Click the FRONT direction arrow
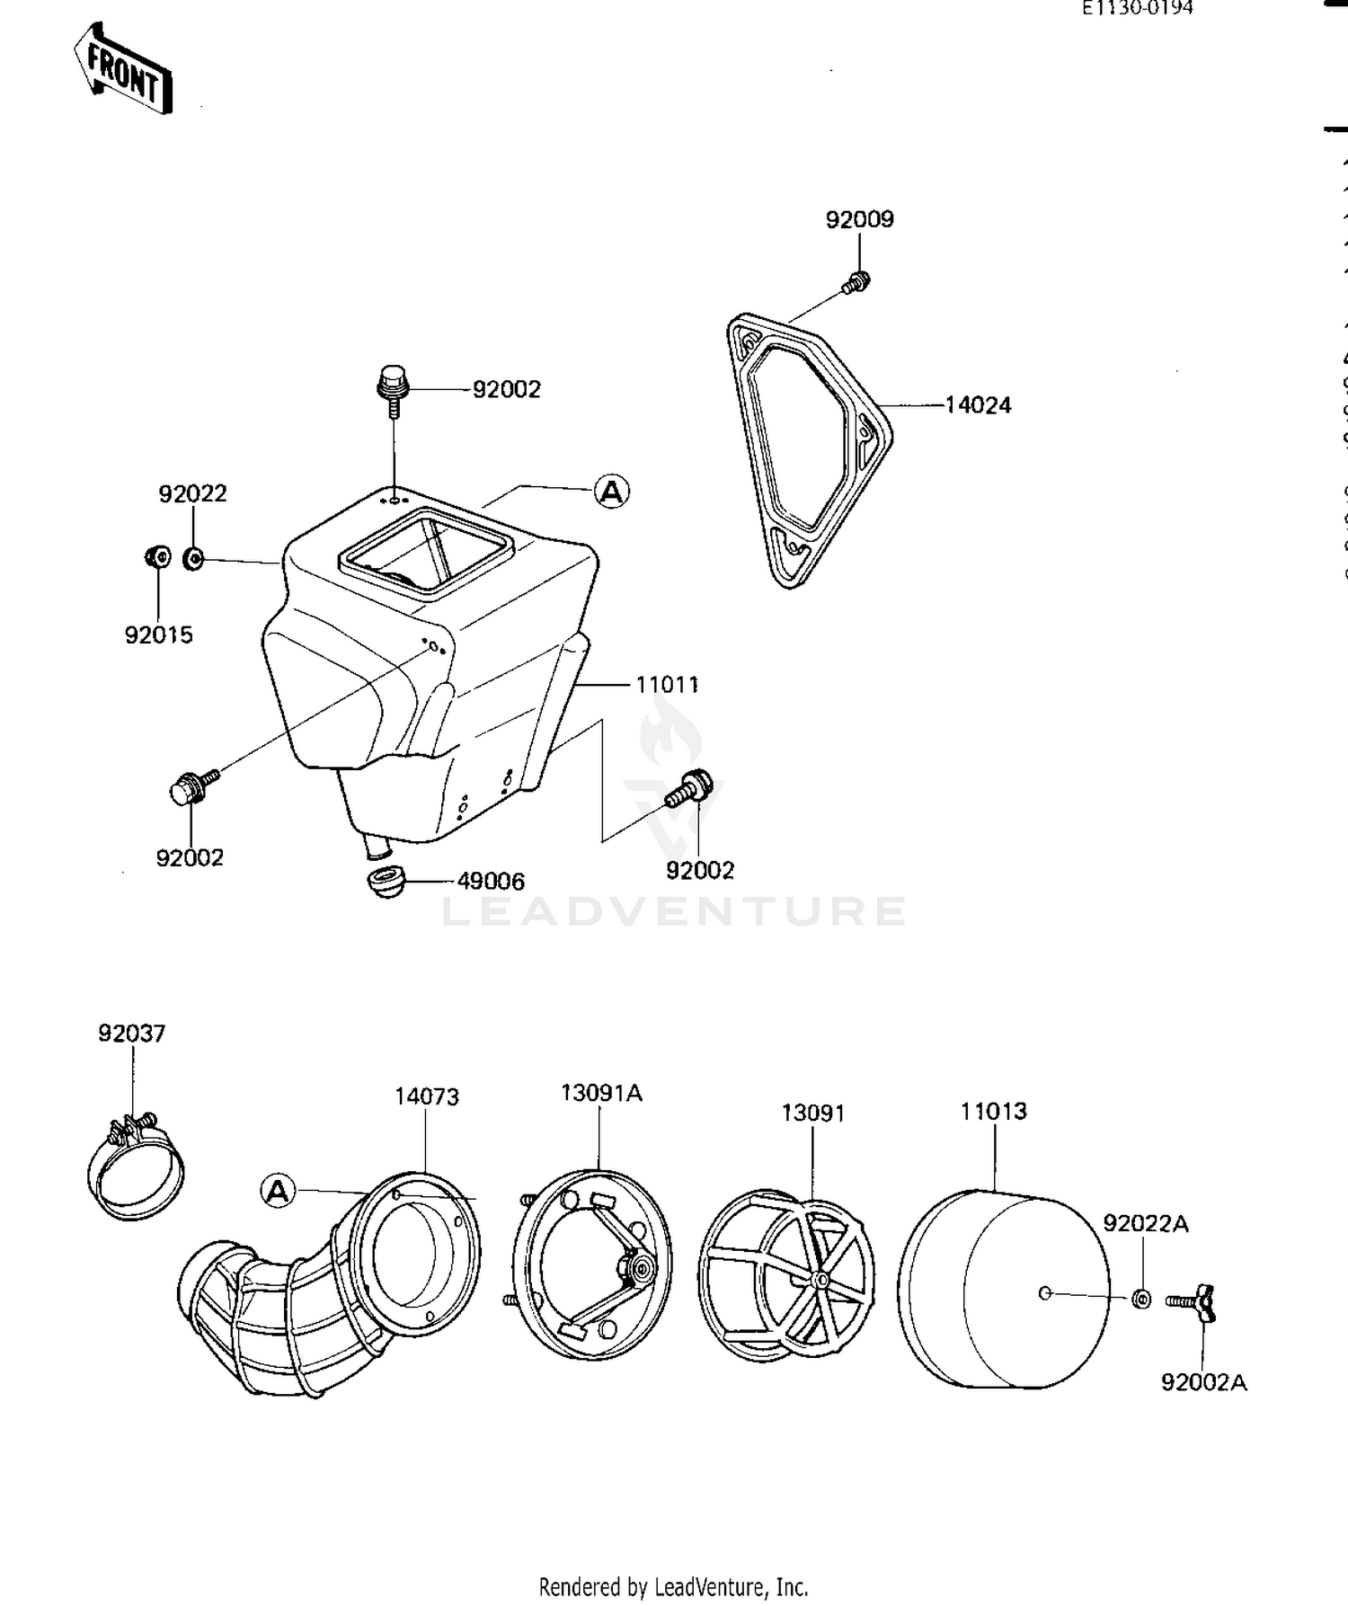click(x=123, y=70)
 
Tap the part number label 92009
click(x=860, y=219)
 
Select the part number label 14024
click(x=978, y=405)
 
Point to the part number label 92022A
click(x=1146, y=1223)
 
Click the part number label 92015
click(x=159, y=635)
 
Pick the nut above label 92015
click(x=157, y=557)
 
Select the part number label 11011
click(x=667, y=685)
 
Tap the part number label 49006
click(x=491, y=882)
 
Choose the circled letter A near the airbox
click(x=612, y=492)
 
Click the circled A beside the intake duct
click(x=278, y=1192)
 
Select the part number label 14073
click(x=427, y=1096)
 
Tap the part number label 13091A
click(x=601, y=1093)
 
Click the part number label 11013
click(x=993, y=1112)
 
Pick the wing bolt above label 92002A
click(x=1193, y=1302)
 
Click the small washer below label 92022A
click(x=1141, y=1299)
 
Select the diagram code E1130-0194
click(x=1137, y=9)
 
